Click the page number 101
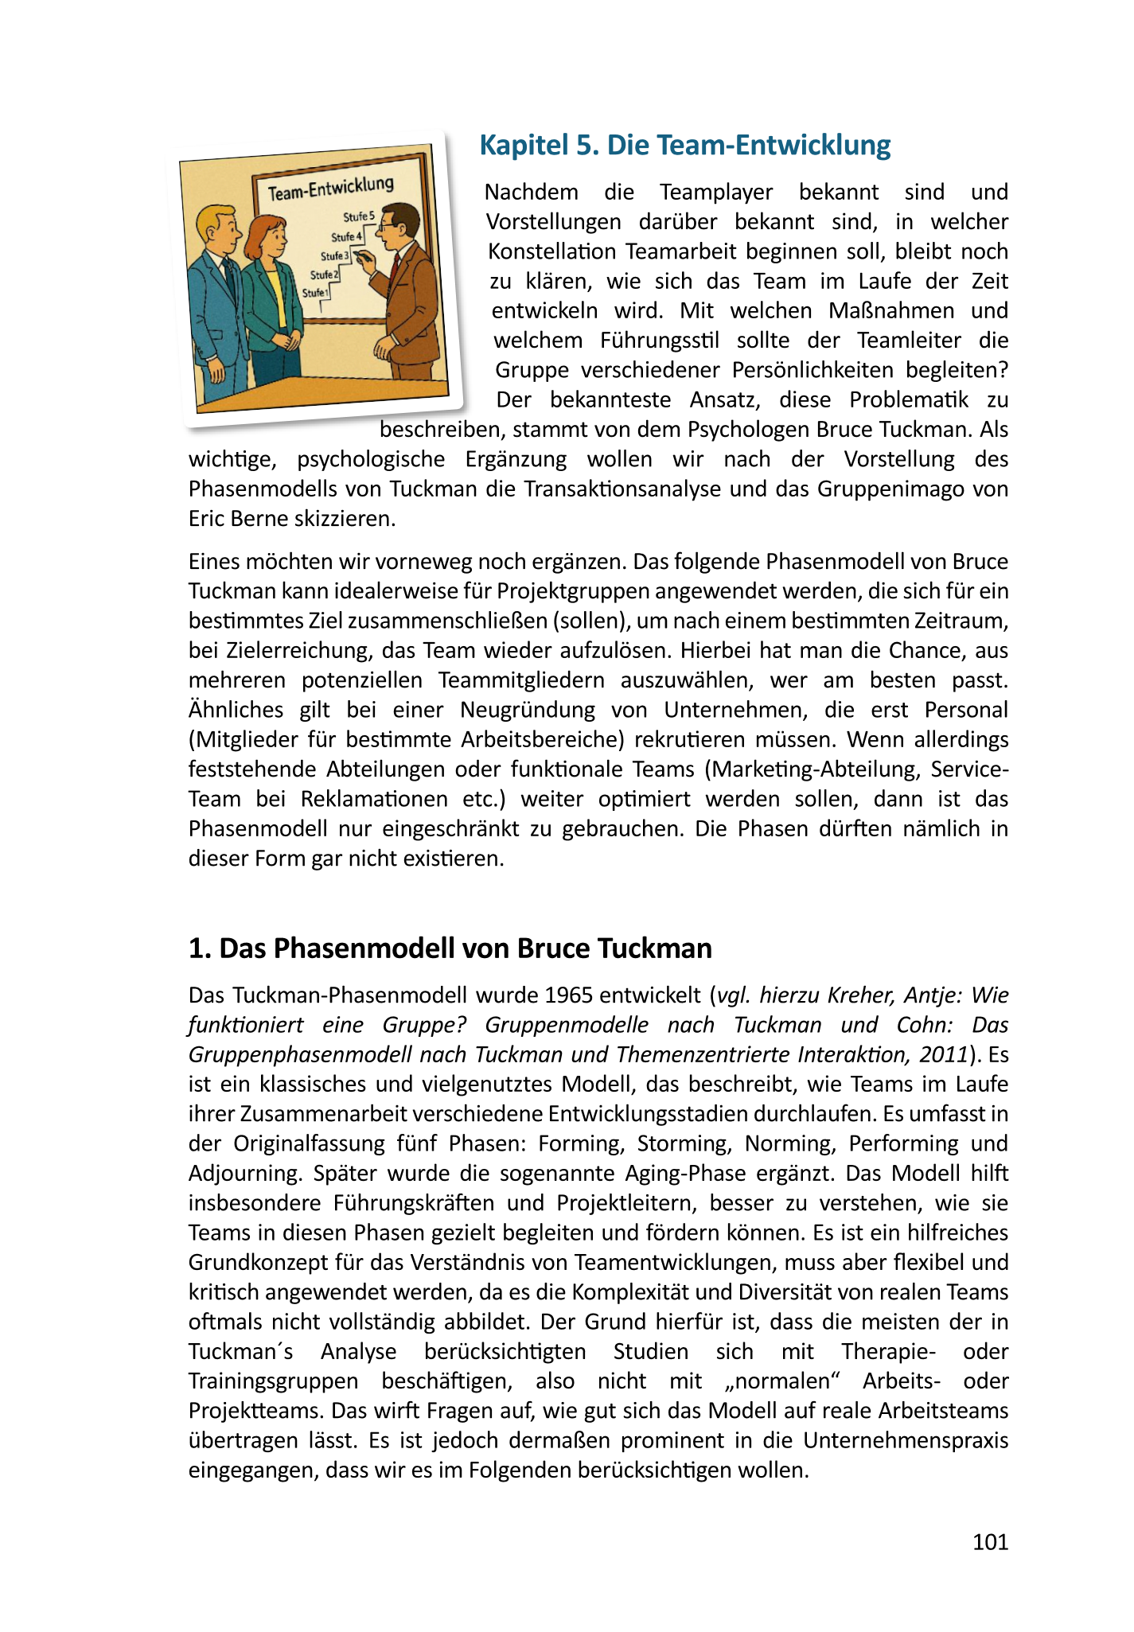[990, 1542]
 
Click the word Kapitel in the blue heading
[520, 145]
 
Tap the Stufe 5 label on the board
[358, 216]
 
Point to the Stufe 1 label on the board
[315, 294]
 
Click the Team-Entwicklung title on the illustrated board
[330, 189]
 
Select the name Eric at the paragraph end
[208, 519]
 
